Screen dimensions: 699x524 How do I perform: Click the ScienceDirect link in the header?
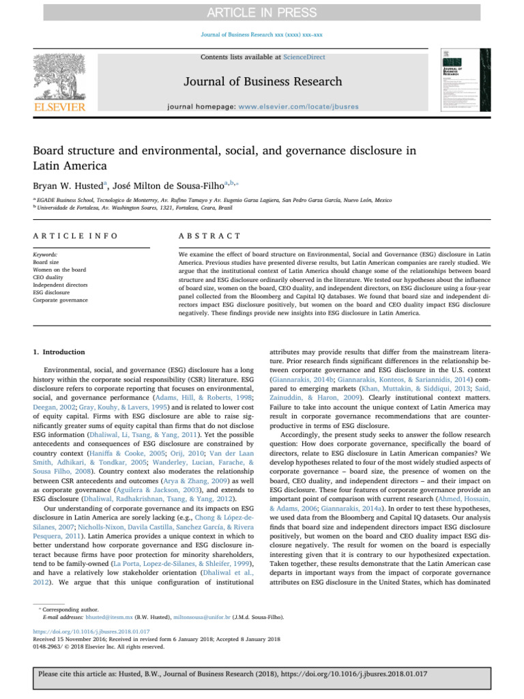pyautogui.click(x=304, y=57)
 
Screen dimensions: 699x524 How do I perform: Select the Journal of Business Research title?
pyautogui.click(x=261, y=82)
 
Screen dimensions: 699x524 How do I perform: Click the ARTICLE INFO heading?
pyautogui.click(x=75, y=236)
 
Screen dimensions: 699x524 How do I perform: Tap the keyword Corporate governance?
pyautogui.click(x=61, y=300)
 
